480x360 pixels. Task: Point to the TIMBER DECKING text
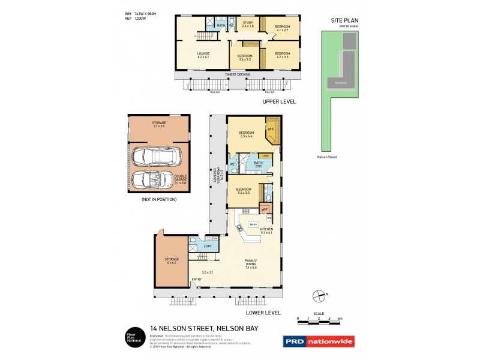coord(237,74)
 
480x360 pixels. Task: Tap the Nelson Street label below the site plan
coord(327,157)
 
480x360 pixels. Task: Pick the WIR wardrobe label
coord(270,129)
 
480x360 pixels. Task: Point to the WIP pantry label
coord(264,209)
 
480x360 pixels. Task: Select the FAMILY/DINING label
coord(251,263)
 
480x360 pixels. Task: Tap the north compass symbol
coord(319,295)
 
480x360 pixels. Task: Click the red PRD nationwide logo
coord(318,341)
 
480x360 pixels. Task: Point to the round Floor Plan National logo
coord(133,336)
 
